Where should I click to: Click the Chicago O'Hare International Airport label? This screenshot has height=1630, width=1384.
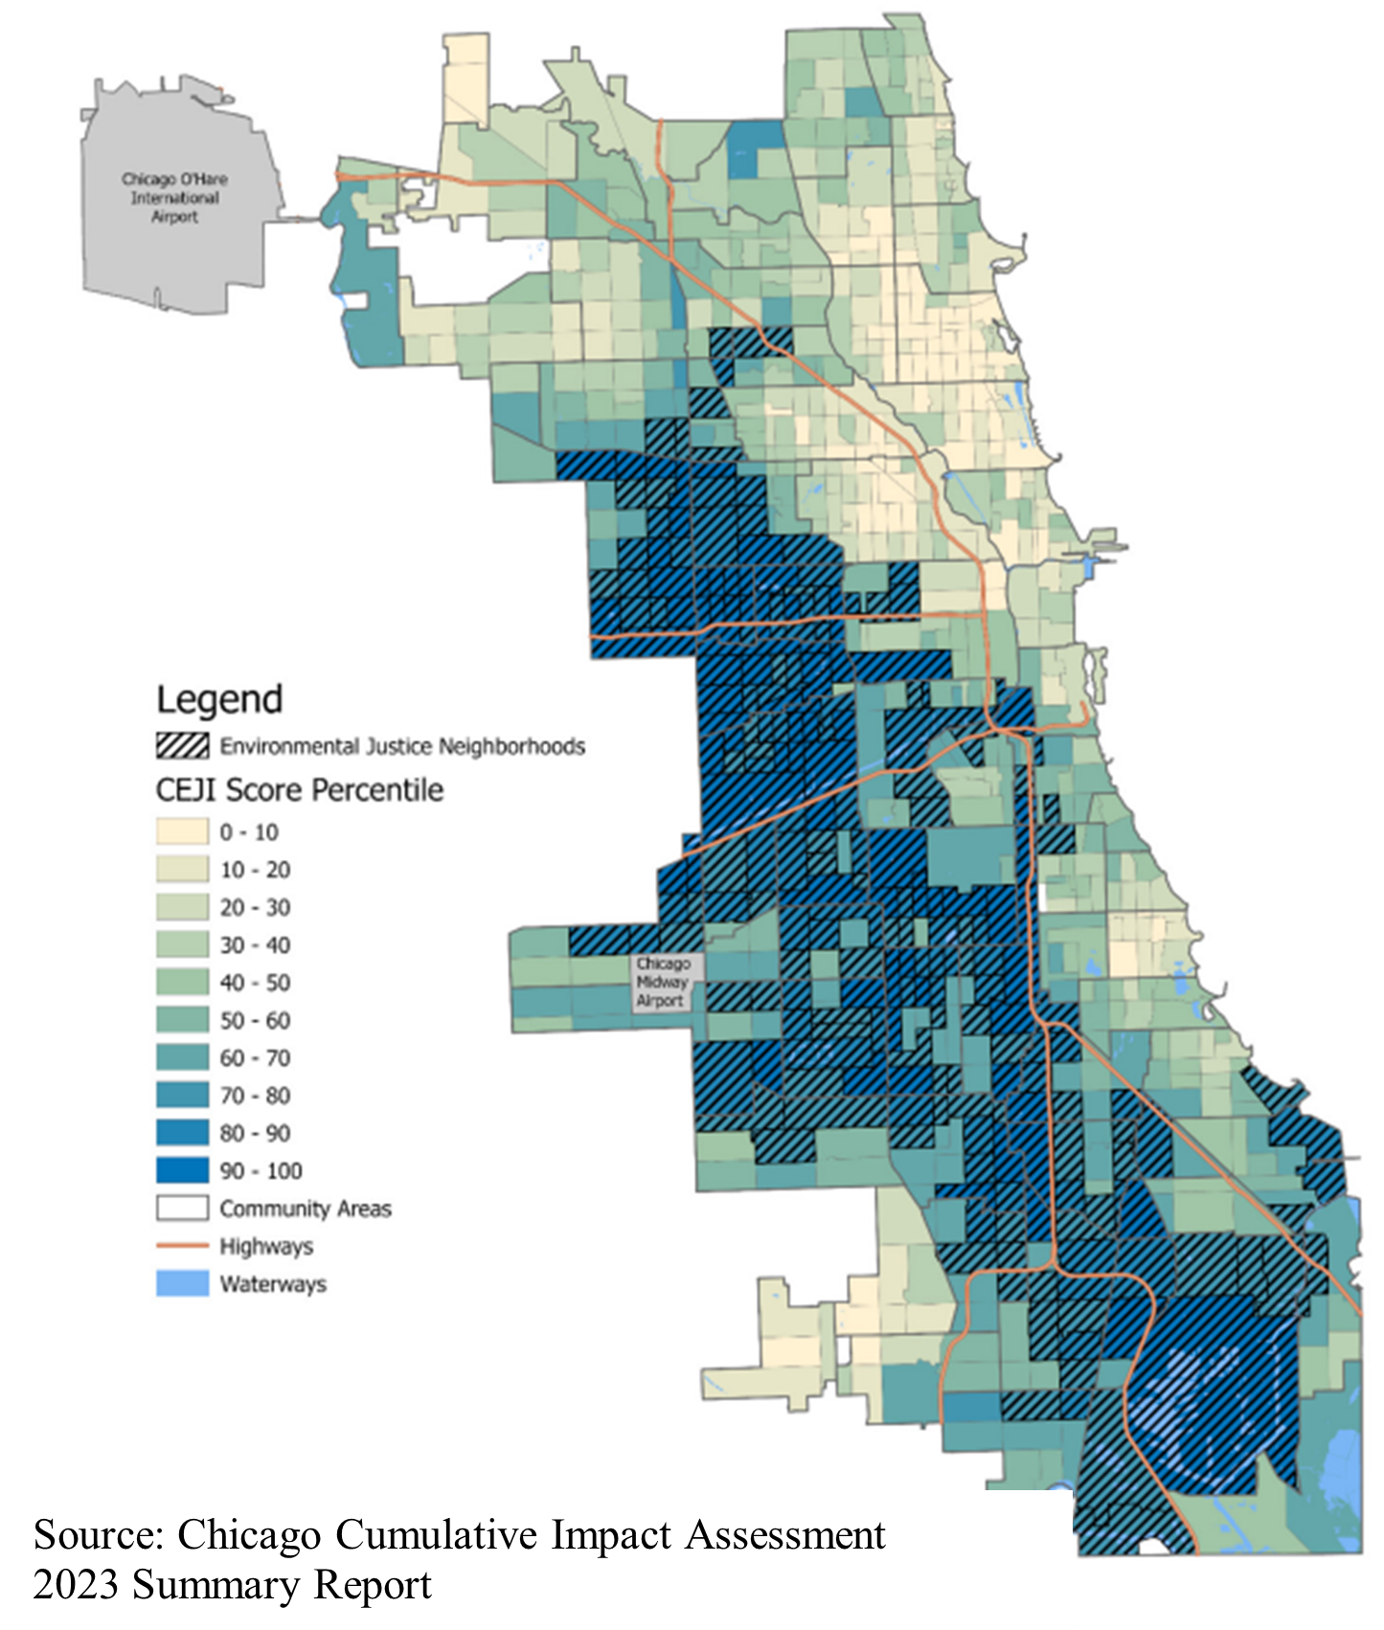[174, 197]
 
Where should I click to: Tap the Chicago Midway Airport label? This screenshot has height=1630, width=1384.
[662, 982]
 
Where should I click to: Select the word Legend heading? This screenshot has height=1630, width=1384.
[219, 699]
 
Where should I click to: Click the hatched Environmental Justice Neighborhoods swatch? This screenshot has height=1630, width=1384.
[182, 746]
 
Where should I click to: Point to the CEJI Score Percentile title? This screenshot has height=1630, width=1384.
[300, 790]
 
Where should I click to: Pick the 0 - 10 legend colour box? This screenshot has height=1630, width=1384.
[182, 831]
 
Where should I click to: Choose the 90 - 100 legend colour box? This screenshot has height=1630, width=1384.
[182, 1170]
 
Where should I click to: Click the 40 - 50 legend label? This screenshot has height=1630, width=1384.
[255, 983]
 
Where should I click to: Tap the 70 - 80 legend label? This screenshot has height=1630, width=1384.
[255, 1096]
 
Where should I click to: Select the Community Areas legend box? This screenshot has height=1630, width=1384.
[182, 1208]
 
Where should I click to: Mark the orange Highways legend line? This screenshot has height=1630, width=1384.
[182, 1246]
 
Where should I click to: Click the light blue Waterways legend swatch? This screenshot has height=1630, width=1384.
[182, 1283]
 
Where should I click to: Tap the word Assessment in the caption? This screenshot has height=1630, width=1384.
[785, 1536]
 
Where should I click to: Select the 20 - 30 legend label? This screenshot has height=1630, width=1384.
[255, 907]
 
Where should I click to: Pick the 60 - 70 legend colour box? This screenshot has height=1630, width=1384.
[182, 1057]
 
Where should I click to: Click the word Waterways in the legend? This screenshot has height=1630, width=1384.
[273, 1284]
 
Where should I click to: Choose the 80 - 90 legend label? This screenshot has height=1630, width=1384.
[255, 1133]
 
